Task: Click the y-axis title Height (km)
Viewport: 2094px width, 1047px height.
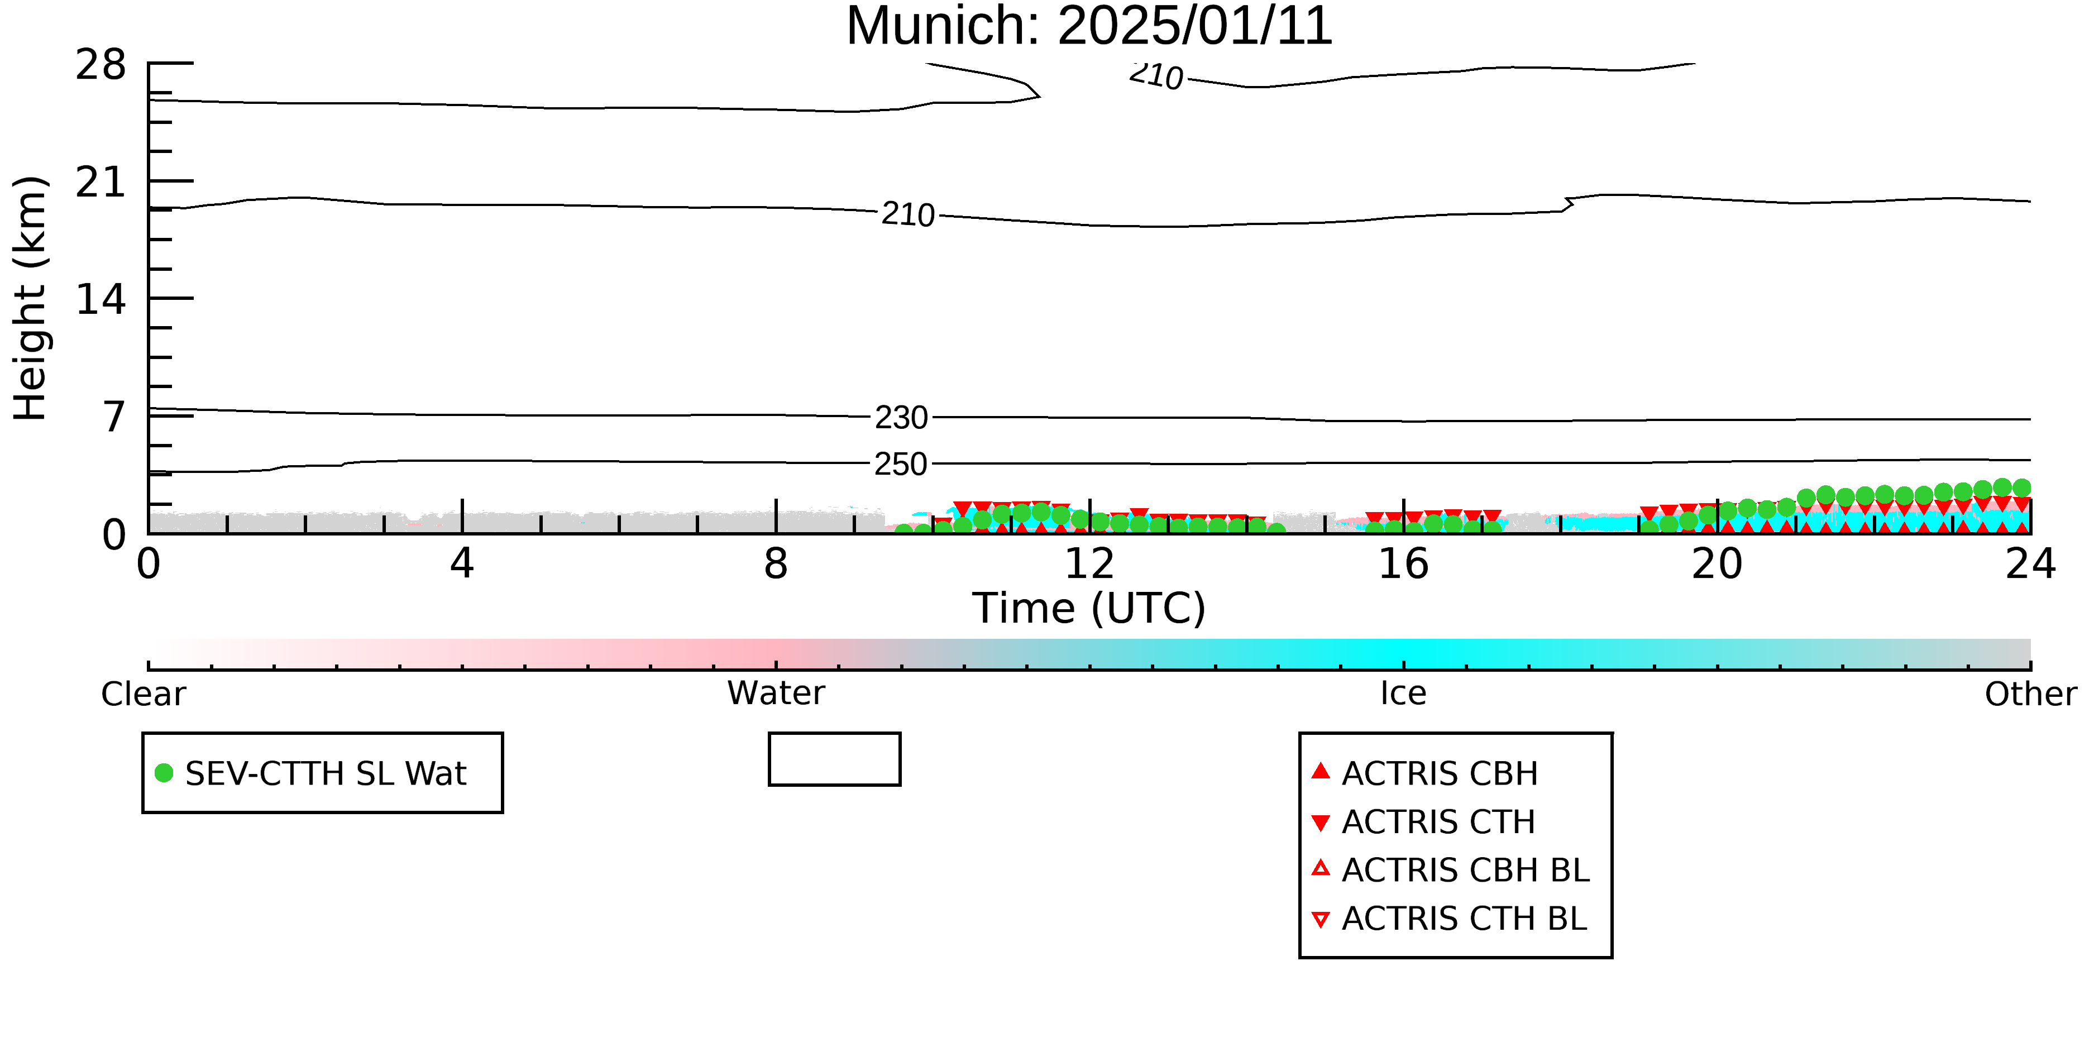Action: (x=31, y=298)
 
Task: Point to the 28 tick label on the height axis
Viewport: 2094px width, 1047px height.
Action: (x=101, y=64)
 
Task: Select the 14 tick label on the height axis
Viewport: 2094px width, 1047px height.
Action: (x=101, y=299)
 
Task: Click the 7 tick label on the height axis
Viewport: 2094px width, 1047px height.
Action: (x=114, y=417)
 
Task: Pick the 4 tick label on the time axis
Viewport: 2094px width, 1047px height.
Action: (x=462, y=563)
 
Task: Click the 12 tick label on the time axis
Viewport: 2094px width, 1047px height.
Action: (x=1089, y=563)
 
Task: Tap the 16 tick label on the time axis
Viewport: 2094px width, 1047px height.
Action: (x=1403, y=563)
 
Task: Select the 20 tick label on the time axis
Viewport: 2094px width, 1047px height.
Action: (x=1717, y=563)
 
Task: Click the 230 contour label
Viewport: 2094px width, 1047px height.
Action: (x=901, y=418)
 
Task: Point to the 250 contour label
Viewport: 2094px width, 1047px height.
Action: (x=901, y=464)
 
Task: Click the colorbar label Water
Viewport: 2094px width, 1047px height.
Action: (x=776, y=694)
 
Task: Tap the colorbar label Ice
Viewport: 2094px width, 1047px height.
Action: (x=1403, y=694)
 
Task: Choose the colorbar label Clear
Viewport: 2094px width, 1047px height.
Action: (x=143, y=694)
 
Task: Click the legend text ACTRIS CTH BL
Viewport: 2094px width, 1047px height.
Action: (x=1464, y=919)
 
